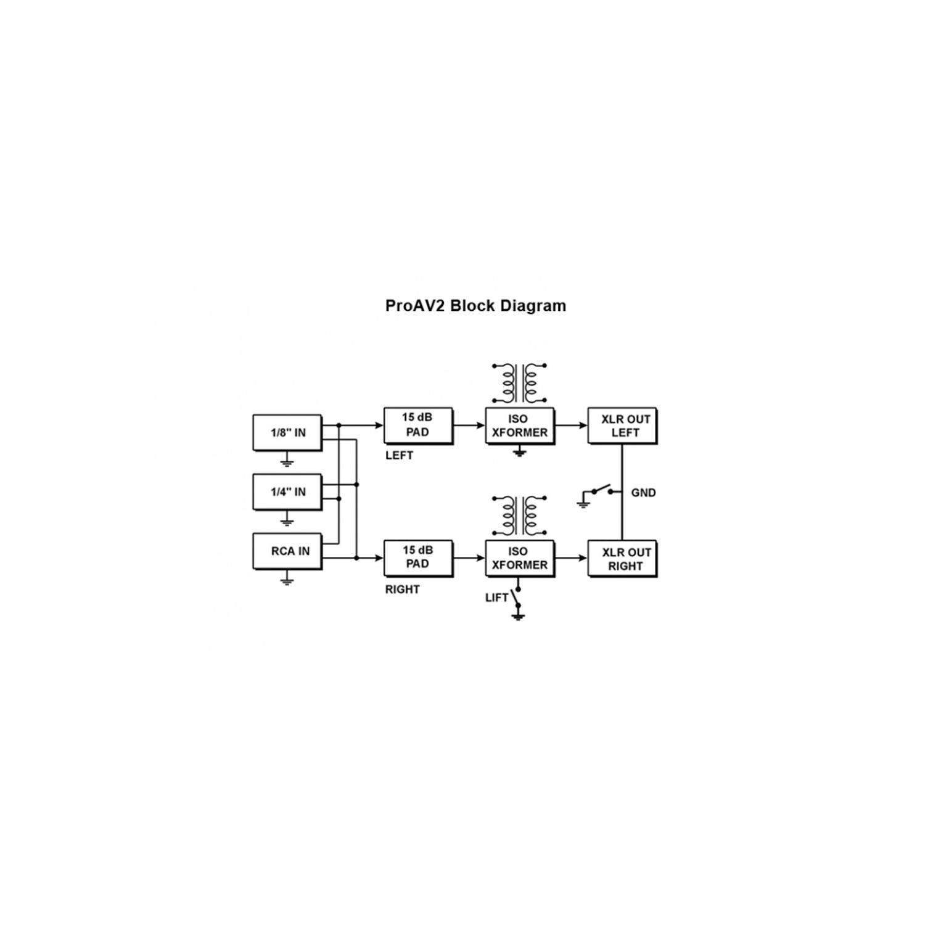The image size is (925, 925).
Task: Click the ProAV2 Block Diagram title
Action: click(x=475, y=306)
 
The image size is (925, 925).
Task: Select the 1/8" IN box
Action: click(x=287, y=432)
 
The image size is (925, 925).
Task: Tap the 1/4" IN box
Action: click(x=287, y=491)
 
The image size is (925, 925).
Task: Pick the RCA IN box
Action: click(x=287, y=551)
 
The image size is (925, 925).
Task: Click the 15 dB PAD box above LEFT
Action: click(x=418, y=425)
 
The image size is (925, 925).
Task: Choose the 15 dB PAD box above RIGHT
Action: click(x=418, y=557)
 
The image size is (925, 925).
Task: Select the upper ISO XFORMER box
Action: click(x=520, y=425)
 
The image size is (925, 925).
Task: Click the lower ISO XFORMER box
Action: click(x=520, y=558)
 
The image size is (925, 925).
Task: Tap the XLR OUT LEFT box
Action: click(x=623, y=425)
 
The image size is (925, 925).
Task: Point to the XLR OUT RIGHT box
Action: click(x=623, y=559)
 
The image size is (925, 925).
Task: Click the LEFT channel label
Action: click(x=399, y=456)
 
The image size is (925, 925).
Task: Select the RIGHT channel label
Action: click(x=402, y=590)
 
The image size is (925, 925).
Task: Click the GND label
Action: click(x=643, y=493)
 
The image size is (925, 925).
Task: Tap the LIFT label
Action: click(x=496, y=598)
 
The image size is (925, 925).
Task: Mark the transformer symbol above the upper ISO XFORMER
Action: click(x=519, y=384)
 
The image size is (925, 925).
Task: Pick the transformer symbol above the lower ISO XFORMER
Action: click(x=519, y=516)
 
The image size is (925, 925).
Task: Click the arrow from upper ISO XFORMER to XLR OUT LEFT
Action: click(x=572, y=425)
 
